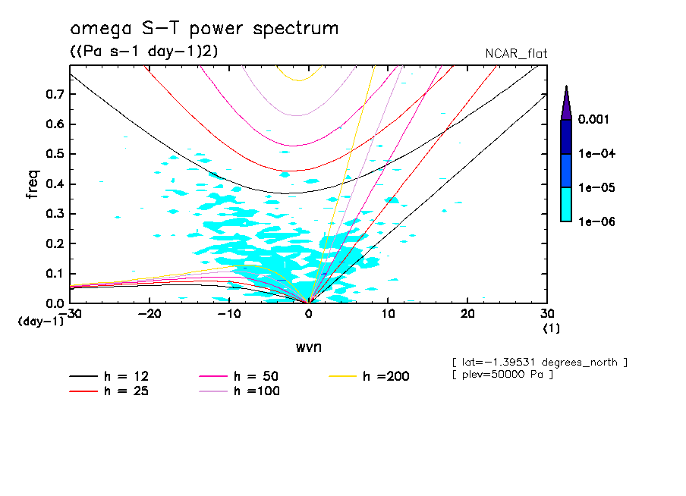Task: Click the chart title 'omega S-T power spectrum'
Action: click(x=203, y=29)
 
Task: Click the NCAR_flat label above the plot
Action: click(x=516, y=54)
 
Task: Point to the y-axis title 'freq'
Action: click(x=33, y=184)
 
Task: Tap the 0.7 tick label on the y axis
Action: click(x=54, y=94)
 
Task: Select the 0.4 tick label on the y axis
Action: click(x=54, y=184)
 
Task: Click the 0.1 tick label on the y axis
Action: click(x=54, y=274)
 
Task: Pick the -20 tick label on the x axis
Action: click(x=149, y=314)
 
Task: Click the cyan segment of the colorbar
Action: click(x=566, y=204)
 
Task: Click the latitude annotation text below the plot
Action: click(x=539, y=361)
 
